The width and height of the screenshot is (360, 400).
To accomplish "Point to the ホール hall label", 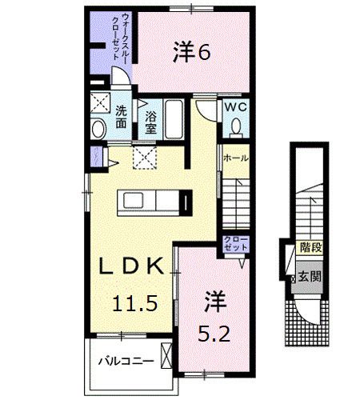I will point(235,159).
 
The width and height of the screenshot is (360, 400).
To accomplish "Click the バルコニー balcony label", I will point(121,361).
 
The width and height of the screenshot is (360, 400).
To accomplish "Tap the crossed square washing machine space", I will point(100,103).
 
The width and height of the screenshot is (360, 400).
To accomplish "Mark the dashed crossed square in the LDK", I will point(144,157).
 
